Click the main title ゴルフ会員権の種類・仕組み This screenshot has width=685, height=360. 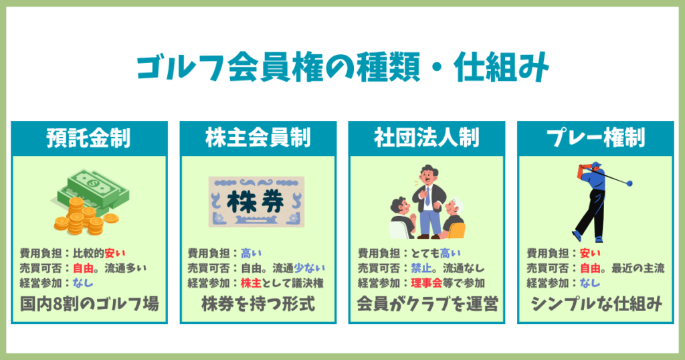click(342, 68)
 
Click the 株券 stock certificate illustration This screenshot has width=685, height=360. click(257, 200)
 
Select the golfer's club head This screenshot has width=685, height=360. click(629, 183)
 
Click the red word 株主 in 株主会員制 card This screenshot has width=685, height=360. click(252, 283)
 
